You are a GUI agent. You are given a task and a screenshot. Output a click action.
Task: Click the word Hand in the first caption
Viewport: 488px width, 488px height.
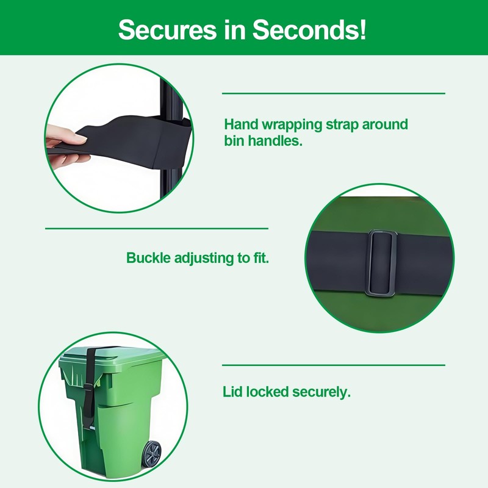click(239, 125)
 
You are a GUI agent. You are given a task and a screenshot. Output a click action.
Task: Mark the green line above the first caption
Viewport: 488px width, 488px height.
click(333, 93)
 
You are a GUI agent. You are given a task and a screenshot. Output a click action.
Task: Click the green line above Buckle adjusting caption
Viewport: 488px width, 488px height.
click(157, 228)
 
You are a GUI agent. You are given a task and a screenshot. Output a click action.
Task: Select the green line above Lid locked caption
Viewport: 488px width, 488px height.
click(333, 365)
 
